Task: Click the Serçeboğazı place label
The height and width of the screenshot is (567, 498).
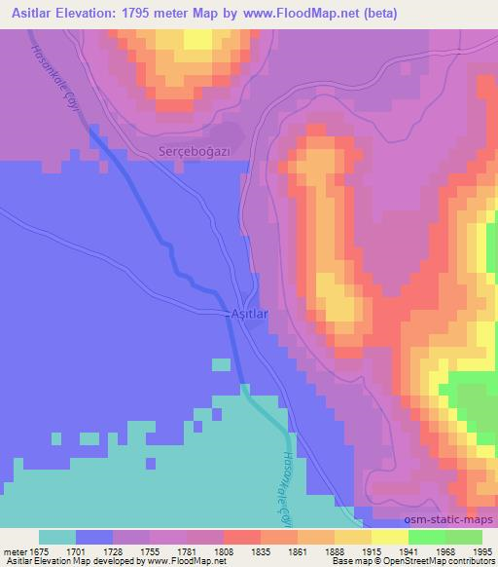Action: tap(194, 152)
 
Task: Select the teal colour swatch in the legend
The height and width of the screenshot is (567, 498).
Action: tap(57, 537)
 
